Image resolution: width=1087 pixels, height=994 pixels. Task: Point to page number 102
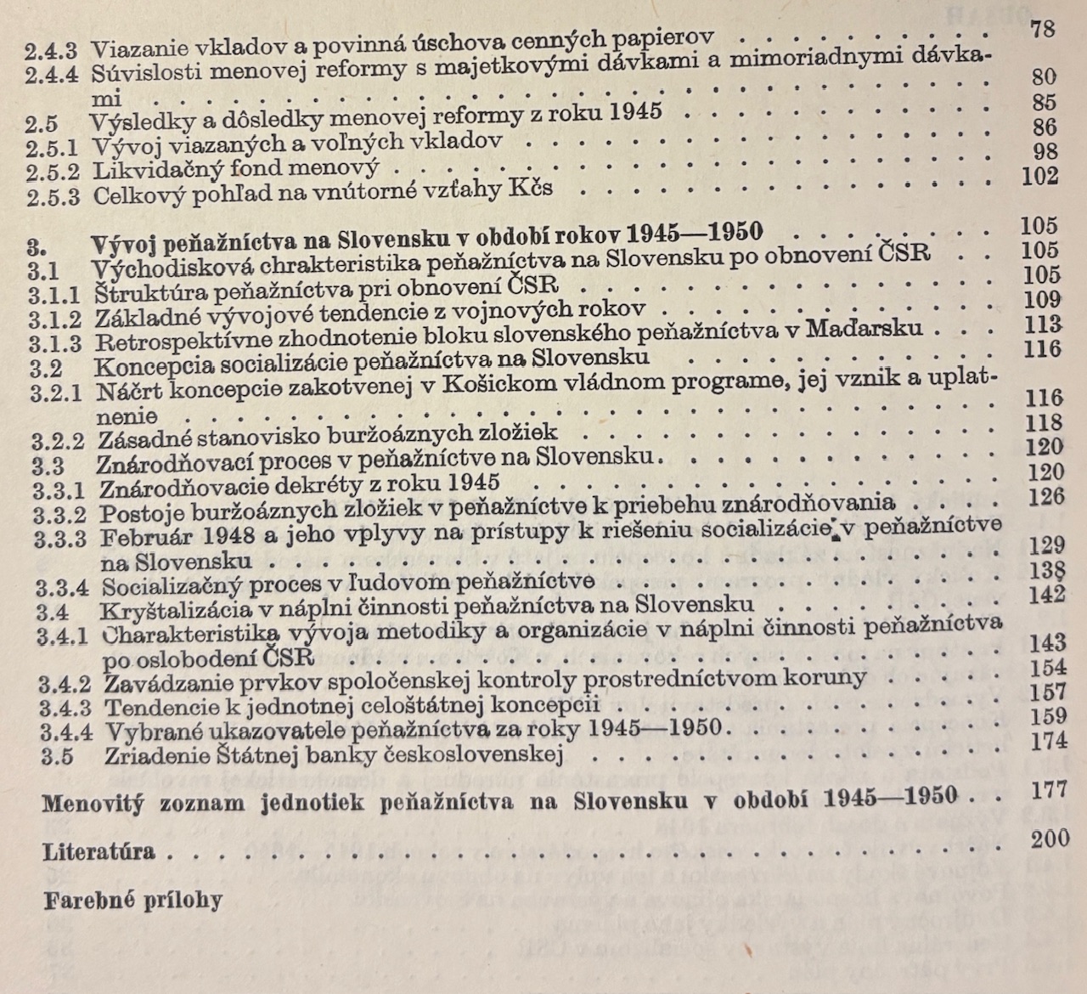(x=1039, y=176)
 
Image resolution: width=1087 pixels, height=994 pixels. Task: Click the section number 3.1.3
(x=56, y=343)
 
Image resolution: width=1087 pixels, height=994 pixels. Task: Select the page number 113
(x=1042, y=324)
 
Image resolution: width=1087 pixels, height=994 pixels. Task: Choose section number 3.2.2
(x=59, y=441)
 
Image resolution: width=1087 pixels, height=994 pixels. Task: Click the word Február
(x=143, y=538)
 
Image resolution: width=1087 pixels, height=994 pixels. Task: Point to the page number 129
(x=1045, y=545)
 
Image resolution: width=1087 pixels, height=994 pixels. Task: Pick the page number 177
(x=1049, y=790)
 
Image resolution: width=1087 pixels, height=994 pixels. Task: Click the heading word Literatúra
(x=99, y=852)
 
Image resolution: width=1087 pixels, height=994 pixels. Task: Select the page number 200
(x=1050, y=839)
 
